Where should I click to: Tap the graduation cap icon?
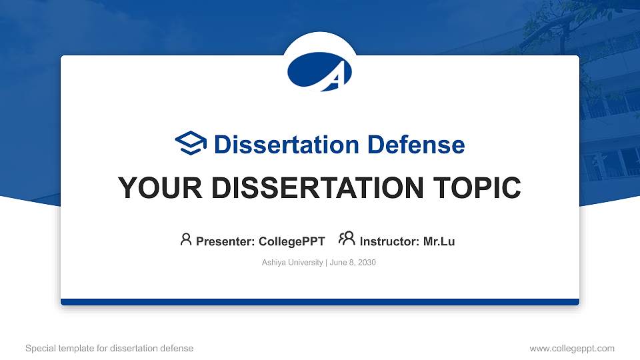[191, 143]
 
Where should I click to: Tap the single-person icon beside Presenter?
[186, 239]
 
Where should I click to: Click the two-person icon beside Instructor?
[347, 239]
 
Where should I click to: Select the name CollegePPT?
[291, 241]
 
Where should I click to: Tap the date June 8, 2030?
[353, 263]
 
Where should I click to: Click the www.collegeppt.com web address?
[571, 348]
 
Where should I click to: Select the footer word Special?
[40, 348]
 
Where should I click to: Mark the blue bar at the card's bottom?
[320, 302]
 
